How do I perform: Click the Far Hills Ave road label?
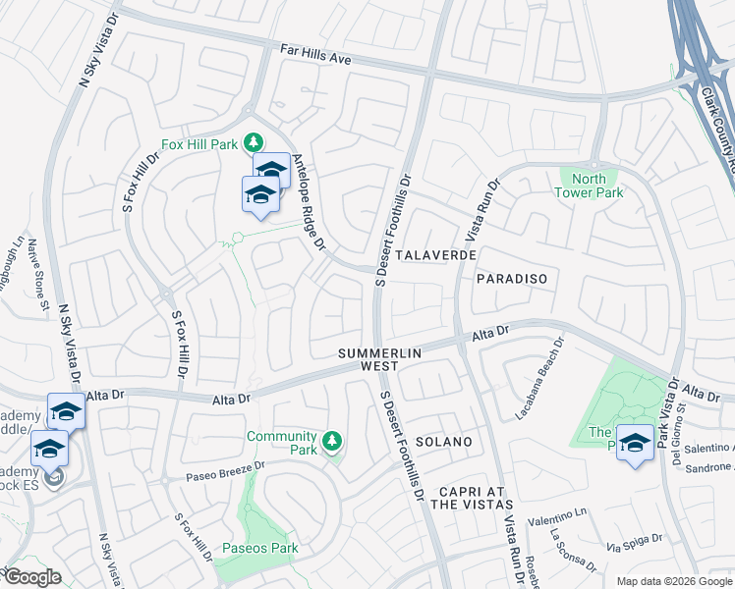coord(315,58)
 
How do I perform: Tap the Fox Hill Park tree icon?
coord(254,143)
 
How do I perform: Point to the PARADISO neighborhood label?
coord(511,279)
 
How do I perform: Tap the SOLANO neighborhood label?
coord(442,442)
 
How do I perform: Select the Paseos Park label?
coord(260,548)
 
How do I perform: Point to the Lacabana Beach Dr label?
coord(540,379)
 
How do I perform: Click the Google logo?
coord(32,576)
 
